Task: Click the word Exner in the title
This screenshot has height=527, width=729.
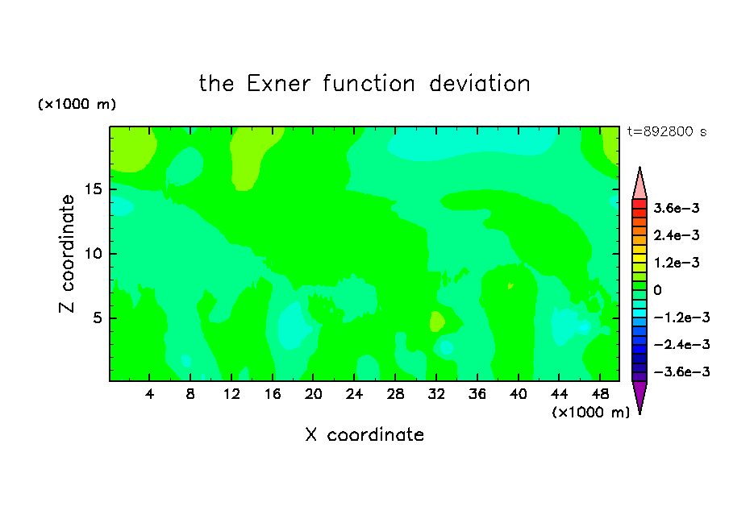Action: click(278, 84)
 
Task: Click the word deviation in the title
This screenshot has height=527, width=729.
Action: click(479, 84)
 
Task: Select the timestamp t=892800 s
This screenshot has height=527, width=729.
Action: click(667, 131)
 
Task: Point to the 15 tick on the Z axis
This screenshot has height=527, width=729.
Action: click(93, 189)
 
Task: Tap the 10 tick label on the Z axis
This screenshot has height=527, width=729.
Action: click(93, 254)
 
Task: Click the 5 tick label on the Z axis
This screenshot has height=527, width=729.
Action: click(97, 317)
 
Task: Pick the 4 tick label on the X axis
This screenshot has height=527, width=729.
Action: click(149, 394)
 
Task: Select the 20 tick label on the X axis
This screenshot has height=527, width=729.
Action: click(313, 394)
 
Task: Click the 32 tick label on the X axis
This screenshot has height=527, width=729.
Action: click(436, 394)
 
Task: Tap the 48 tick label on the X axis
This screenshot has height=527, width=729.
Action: click(600, 394)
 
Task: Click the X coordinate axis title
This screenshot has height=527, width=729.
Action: click(364, 434)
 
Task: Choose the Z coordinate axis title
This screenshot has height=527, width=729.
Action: click(67, 253)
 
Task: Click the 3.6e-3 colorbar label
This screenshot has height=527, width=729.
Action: click(676, 208)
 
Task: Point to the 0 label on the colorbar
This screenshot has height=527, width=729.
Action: click(657, 290)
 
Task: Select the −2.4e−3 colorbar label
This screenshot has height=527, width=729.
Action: click(681, 344)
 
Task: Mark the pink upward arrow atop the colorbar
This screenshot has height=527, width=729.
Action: click(639, 183)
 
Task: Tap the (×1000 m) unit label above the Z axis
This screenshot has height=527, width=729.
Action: click(77, 104)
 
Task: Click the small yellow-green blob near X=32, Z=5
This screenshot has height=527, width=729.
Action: click(437, 322)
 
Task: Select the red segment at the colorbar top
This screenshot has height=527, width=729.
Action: click(639, 204)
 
